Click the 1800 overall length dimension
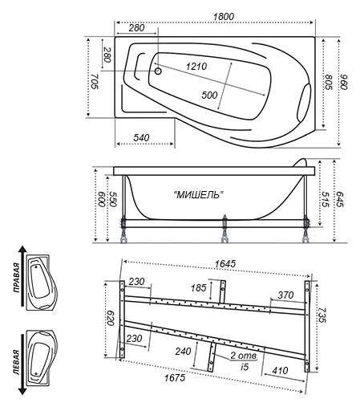[x=224, y=16]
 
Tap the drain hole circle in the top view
[x=158, y=71]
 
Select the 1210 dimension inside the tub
[x=196, y=66]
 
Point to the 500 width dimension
[x=209, y=95]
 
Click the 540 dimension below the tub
[x=141, y=138]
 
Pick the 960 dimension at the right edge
[x=343, y=82]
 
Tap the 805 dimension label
[x=329, y=82]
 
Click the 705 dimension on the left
[x=94, y=81]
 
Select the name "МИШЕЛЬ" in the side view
[x=199, y=195]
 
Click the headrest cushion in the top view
[x=304, y=102]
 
